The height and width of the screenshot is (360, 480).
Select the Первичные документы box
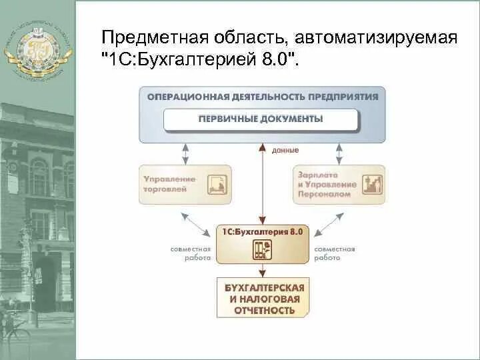pyautogui.click(x=261, y=119)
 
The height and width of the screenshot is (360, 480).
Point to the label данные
pyautogui.click(x=285, y=151)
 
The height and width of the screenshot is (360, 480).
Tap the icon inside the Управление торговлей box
pyautogui.click(x=216, y=184)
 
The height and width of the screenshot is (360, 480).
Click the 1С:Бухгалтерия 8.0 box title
pyautogui.click(x=262, y=232)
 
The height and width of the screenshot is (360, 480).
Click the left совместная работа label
pyautogui.click(x=191, y=253)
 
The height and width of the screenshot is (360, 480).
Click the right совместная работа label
pyautogui.click(x=334, y=253)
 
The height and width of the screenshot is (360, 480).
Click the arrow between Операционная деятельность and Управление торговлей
pyautogui.click(x=185, y=153)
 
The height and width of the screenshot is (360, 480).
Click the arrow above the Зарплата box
pyautogui.click(x=338, y=153)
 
